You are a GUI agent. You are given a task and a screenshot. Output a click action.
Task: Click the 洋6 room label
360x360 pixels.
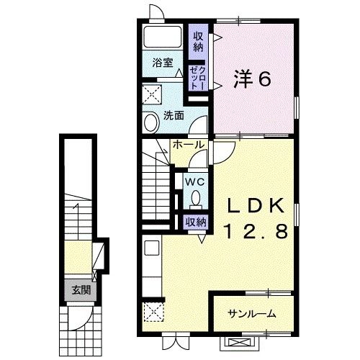[253, 79]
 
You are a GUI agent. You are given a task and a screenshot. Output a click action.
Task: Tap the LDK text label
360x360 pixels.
[256, 206]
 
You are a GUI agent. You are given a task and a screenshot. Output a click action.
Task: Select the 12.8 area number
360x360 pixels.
[256, 231]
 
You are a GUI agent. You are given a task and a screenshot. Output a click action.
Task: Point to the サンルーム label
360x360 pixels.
[251, 313]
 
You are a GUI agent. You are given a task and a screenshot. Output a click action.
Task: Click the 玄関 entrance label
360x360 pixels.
[81, 290]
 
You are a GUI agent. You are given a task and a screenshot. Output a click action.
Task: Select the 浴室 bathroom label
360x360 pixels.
[163, 63]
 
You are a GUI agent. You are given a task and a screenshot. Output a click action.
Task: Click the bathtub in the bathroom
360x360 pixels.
[163, 37]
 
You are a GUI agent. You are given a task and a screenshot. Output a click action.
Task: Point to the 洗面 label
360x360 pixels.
[174, 116]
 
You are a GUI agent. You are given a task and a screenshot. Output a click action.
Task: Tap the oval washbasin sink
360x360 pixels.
[152, 122]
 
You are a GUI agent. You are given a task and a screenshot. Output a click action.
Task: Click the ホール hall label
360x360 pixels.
[189, 145]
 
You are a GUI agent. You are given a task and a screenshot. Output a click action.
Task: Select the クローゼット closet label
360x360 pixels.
[197, 78]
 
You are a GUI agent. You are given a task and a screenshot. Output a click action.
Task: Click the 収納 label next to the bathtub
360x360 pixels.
[198, 41]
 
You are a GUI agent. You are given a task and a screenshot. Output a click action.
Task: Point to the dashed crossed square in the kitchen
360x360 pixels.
[153, 312]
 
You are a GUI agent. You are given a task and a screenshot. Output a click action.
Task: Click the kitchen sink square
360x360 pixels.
[152, 248]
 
